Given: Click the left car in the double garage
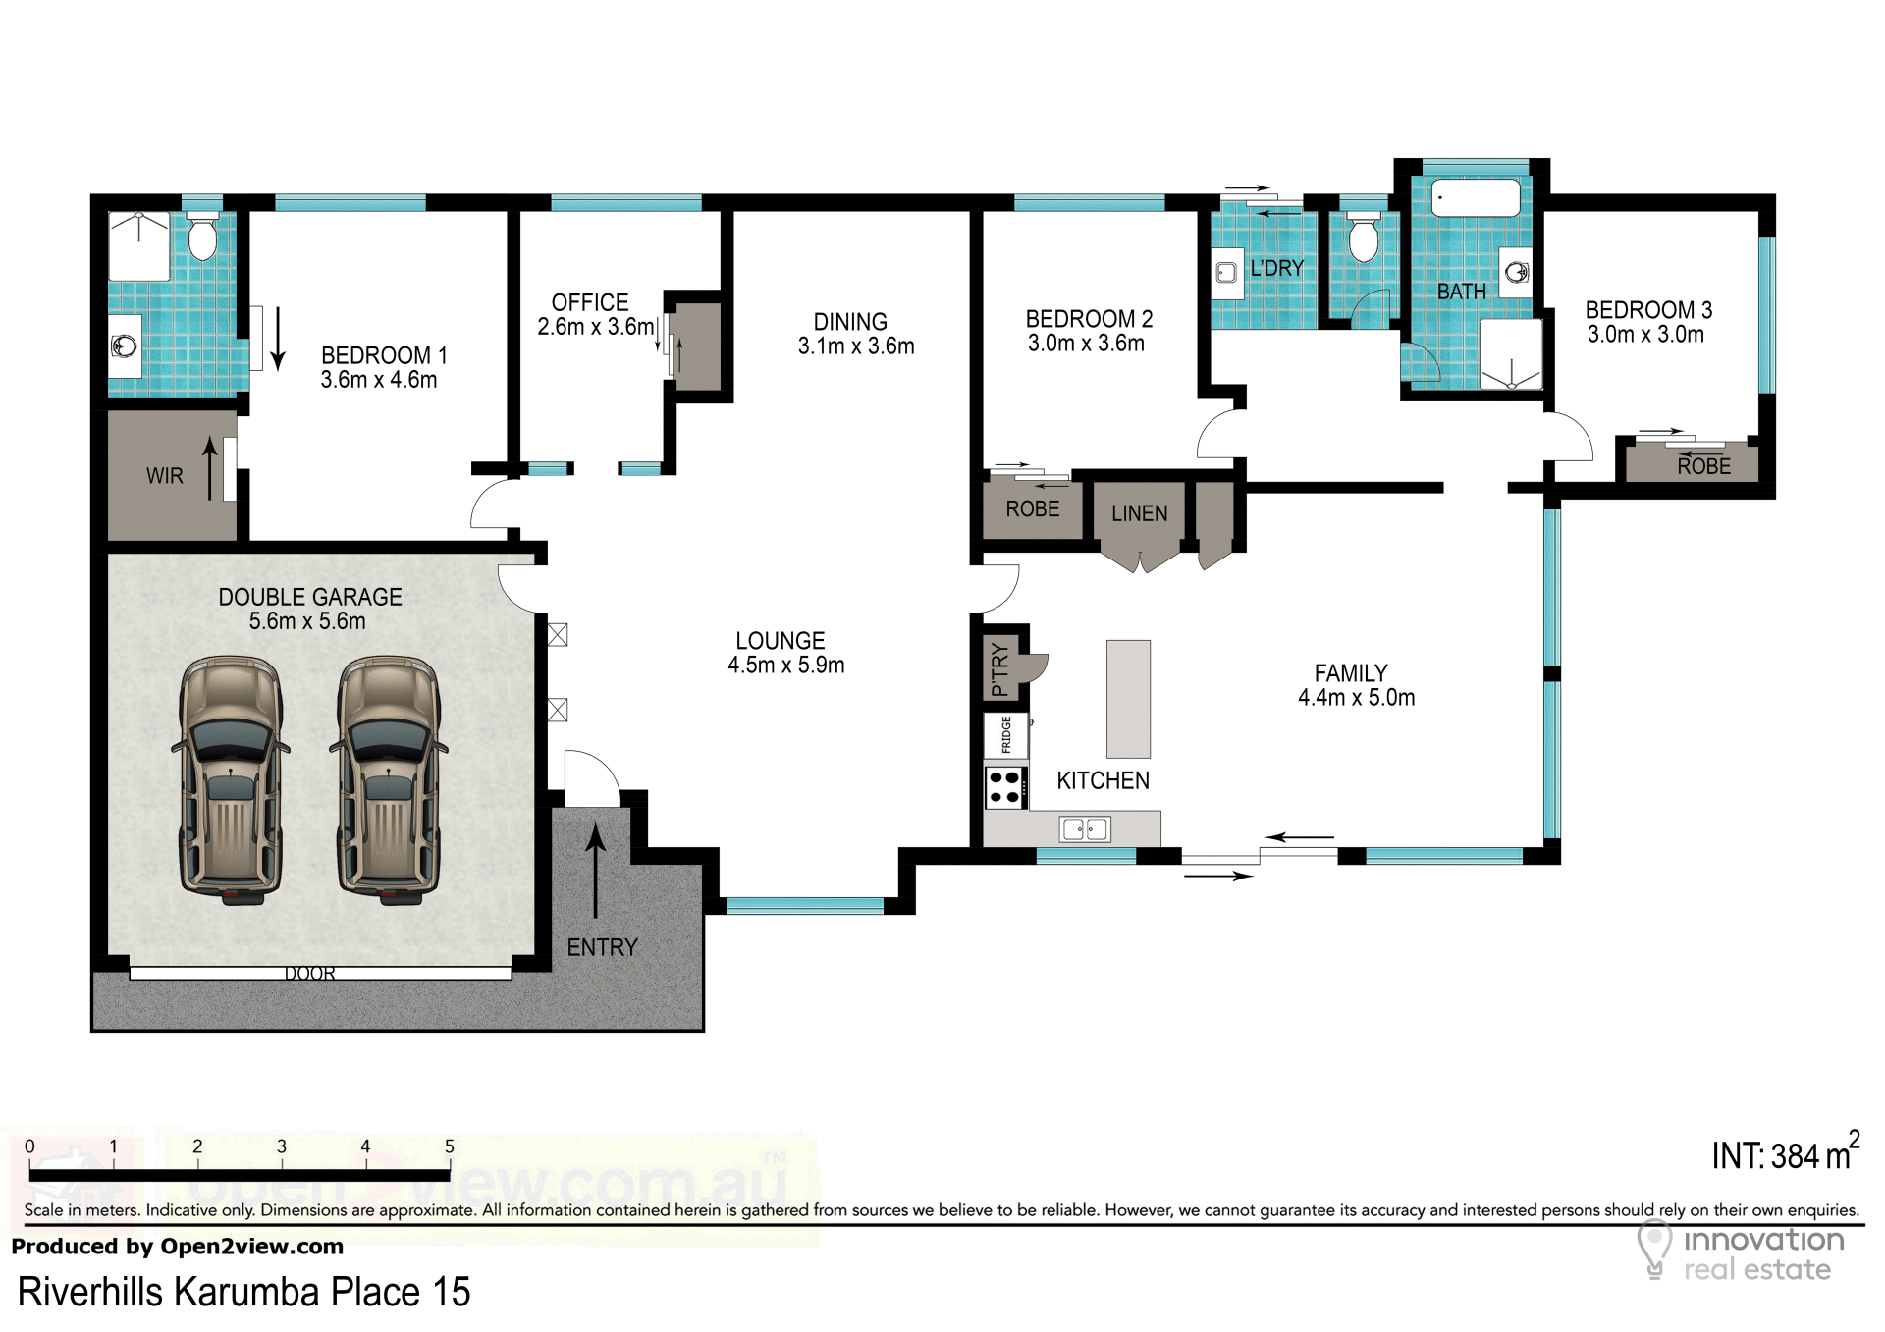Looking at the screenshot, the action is point(231,780).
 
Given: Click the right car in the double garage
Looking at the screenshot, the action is point(389,780).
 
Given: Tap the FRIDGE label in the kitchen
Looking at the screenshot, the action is point(1006,735).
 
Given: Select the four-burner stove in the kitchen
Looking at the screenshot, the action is point(1005,787).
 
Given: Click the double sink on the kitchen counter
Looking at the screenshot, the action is point(1085,829).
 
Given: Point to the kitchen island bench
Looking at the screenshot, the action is point(1128,699).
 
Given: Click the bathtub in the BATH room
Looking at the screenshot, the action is point(1476,197).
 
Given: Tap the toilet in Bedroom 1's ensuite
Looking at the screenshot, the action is point(202,237).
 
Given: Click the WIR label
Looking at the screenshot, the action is point(165,476).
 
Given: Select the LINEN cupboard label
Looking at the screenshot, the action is point(1140,513).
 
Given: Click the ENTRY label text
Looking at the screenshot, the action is point(603,947).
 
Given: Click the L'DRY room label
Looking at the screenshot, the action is point(1277,268).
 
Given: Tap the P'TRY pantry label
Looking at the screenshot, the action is point(999,669).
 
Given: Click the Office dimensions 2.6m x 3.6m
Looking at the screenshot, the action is point(596,327).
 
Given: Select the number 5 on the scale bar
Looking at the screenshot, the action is point(450,1146).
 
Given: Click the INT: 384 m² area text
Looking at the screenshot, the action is point(1786,1151).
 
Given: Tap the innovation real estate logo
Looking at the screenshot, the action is point(1741,1252).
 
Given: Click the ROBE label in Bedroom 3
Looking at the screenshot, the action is point(1704,466).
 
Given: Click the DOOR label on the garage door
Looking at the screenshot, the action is point(310,973).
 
